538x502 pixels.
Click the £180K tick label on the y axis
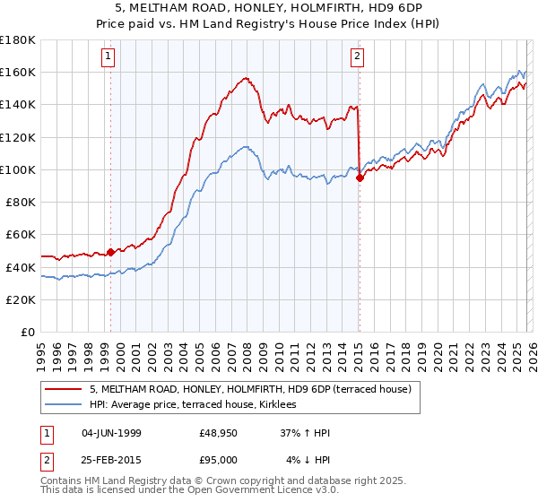pos(18,40)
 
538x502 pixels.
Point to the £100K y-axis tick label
pos(18,169)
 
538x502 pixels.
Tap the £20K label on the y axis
pos(21,299)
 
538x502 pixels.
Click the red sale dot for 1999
pos(111,253)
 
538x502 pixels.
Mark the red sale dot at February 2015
pos(360,177)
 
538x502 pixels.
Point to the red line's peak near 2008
pos(246,78)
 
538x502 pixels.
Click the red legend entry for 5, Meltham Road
pos(250,389)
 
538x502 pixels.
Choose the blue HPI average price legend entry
pos(198,405)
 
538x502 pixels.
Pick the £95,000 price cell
pos(219,459)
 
